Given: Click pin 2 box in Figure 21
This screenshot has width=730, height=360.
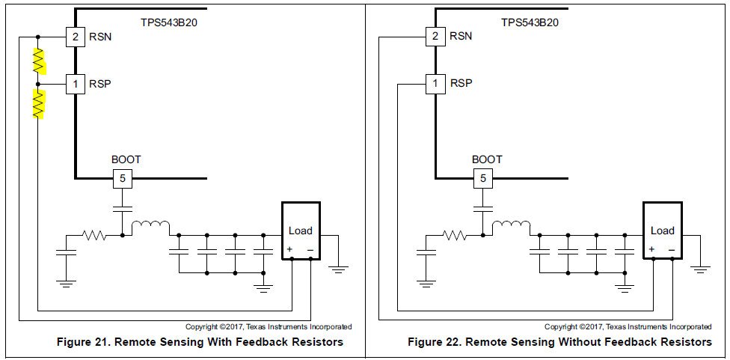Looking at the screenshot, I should pos(75,36).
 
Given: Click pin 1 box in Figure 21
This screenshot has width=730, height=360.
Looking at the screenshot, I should pos(75,84).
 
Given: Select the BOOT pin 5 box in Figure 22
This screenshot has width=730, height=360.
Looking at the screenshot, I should pos(482,178).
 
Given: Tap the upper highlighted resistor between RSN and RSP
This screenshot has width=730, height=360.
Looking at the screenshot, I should pos(38,61).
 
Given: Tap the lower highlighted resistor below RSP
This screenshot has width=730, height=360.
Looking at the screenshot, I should pos(38,104).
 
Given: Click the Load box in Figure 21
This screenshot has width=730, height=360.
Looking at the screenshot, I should pos(301,231).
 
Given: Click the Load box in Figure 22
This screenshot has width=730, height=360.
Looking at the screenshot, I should pos(663,231).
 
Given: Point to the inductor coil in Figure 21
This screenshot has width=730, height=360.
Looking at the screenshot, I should pos(151,227).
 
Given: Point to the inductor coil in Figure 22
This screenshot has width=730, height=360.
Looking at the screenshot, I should pos(512,227).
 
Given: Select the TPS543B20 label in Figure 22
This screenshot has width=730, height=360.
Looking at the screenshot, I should pos(530,22).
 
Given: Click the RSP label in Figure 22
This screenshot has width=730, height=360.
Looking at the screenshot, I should pos(461,84).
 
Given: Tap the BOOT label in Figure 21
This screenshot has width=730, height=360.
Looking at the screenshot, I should pos(126,159).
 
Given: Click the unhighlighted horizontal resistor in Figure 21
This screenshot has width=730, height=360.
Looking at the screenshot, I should pos(96,236).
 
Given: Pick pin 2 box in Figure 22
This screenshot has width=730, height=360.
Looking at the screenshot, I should pos(435,36).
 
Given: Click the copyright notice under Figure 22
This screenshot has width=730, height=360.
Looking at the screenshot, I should pos(628,327).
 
